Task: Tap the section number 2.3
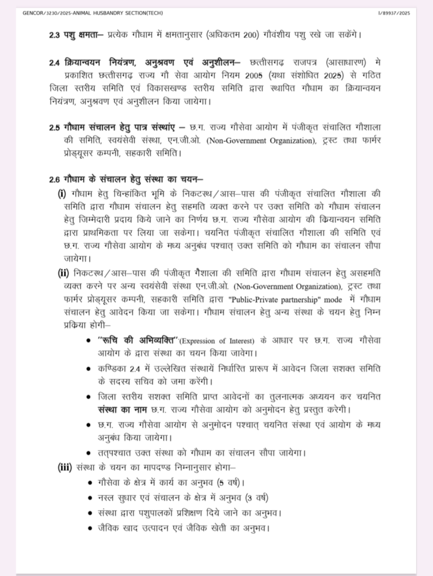click(x=54, y=35)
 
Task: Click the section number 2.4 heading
click(x=54, y=62)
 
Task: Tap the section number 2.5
click(x=54, y=129)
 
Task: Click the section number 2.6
click(x=54, y=180)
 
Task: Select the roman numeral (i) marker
click(x=62, y=193)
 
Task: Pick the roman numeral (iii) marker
click(x=65, y=466)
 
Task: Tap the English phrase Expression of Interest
click(x=217, y=341)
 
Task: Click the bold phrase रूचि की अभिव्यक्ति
click(x=138, y=341)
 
